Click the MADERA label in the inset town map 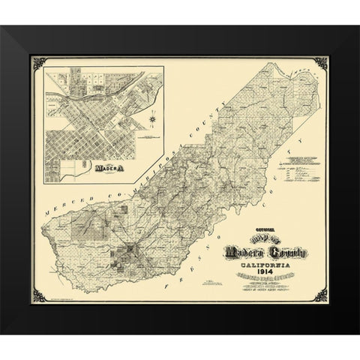tap(105, 169)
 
